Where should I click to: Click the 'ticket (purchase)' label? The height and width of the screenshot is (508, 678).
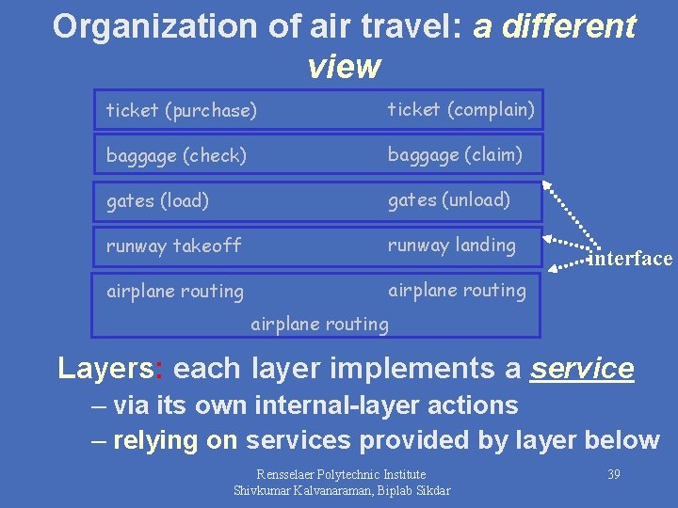click(181, 111)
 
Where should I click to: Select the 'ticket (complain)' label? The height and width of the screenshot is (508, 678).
click(461, 110)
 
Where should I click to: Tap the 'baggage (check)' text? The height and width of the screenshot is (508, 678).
click(176, 156)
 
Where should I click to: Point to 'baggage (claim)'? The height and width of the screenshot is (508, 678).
click(455, 154)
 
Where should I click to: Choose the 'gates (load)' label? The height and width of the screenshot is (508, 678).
click(157, 200)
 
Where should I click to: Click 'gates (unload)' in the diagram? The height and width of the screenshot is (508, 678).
click(449, 199)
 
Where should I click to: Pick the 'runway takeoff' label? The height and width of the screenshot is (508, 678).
click(173, 246)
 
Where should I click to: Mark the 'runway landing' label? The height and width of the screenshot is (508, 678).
click(452, 246)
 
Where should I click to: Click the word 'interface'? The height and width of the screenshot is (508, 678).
click(631, 259)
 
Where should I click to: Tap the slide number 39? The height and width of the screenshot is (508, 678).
click(613, 474)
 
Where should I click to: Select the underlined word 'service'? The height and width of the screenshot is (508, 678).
click(582, 369)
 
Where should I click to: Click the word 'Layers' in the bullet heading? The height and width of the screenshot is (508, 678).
click(104, 369)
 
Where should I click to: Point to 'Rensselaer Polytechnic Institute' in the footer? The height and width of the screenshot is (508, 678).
click(341, 474)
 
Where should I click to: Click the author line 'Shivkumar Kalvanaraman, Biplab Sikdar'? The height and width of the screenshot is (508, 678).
click(341, 490)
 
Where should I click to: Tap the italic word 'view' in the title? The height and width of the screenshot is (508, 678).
click(344, 67)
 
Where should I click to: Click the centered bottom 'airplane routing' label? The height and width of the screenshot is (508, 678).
click(319, 325)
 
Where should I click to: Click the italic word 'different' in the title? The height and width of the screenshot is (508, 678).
click(570, 26)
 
